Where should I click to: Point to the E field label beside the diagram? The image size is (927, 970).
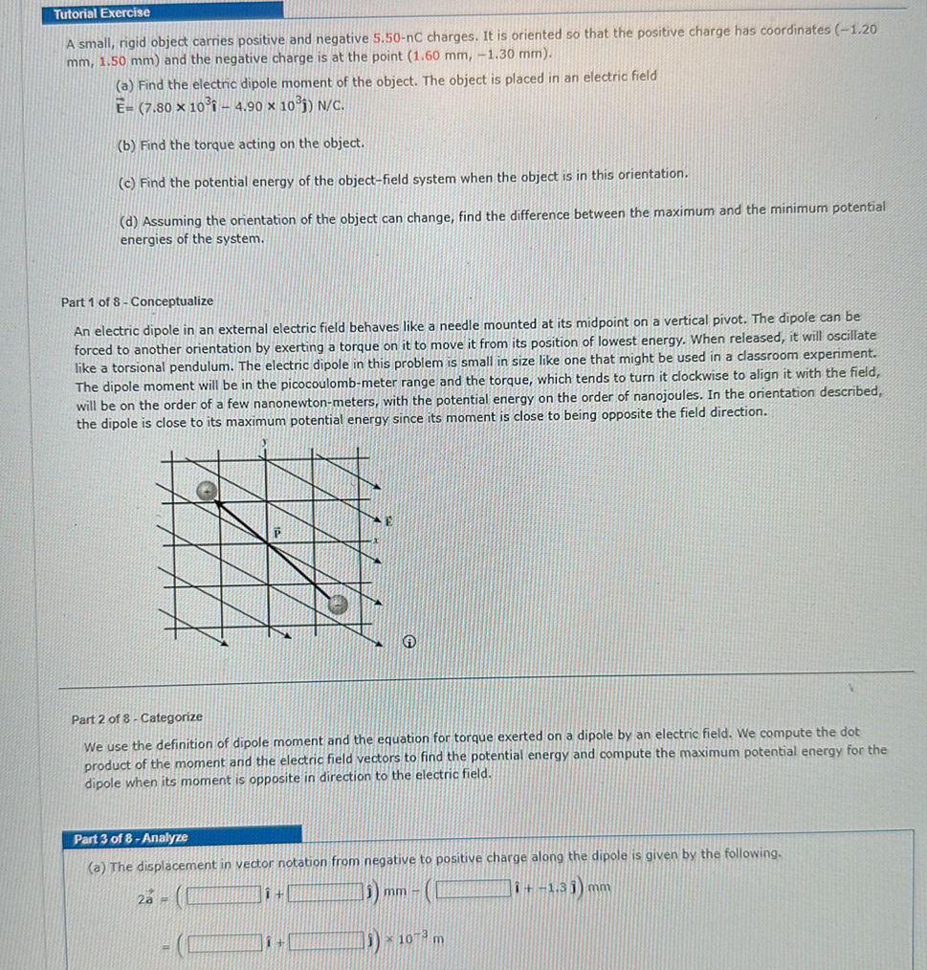[x=388, y=522]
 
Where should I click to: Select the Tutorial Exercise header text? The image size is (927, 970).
[x=101, y=13]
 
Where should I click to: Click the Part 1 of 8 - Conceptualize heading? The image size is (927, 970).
[x=137, y=301]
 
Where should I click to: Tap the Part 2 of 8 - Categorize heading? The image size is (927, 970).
[x=137, y=717]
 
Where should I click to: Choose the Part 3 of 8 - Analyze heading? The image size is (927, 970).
[x=131, y=838]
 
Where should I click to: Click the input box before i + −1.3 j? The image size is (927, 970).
[x=471, y=895]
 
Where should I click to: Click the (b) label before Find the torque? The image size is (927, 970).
[x=125, y=143]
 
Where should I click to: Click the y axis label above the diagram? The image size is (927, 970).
[x=264, y=443]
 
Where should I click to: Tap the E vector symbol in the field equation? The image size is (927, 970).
[x=121, y=104]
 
